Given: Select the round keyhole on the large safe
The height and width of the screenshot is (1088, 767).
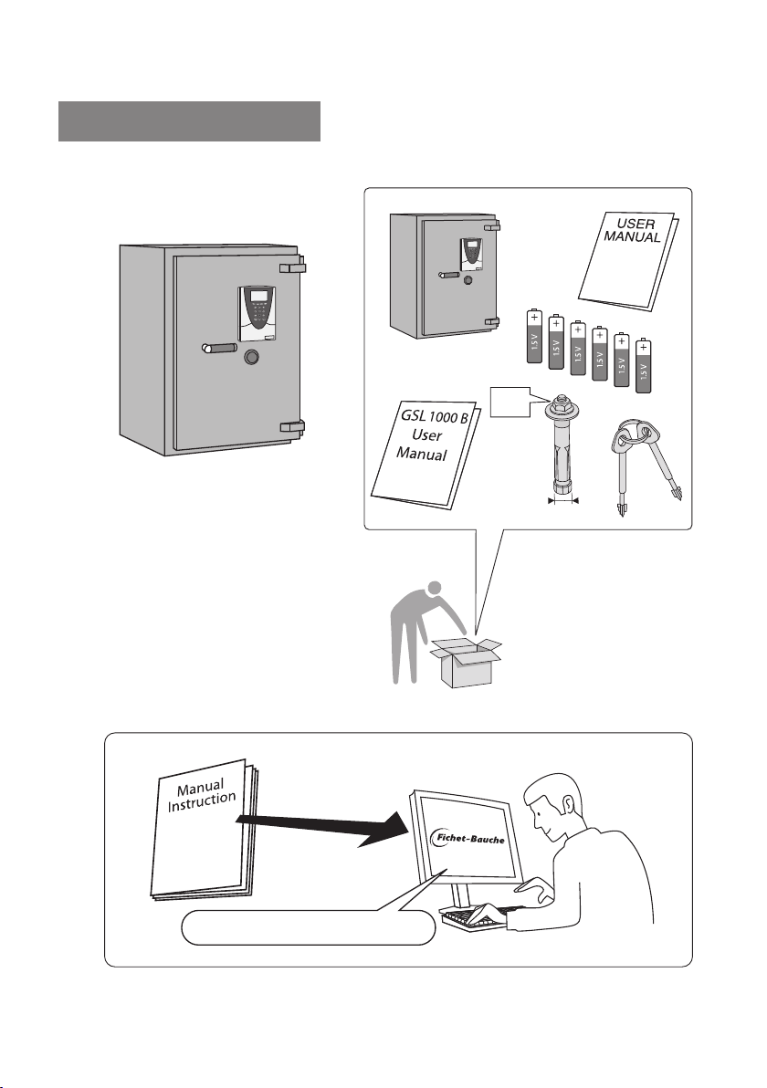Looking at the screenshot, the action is coord(251,358).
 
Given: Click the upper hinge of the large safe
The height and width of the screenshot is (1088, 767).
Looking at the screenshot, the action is coord(292,267).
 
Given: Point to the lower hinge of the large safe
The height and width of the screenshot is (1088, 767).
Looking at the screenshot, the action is coord(292,426).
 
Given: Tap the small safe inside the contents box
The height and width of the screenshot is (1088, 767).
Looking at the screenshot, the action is coord(445,276).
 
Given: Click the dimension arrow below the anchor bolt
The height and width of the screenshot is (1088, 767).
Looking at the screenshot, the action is coord(563,499).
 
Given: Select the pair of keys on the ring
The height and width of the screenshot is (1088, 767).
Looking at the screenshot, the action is coord(646,464).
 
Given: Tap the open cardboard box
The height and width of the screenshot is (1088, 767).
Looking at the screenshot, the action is coord(466,662).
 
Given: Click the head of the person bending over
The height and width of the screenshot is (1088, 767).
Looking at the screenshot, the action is coord(436,589).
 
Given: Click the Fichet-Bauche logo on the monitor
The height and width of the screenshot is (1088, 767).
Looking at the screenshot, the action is coord(468,838).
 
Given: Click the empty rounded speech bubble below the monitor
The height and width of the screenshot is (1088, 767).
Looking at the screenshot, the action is coord(309,928).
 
